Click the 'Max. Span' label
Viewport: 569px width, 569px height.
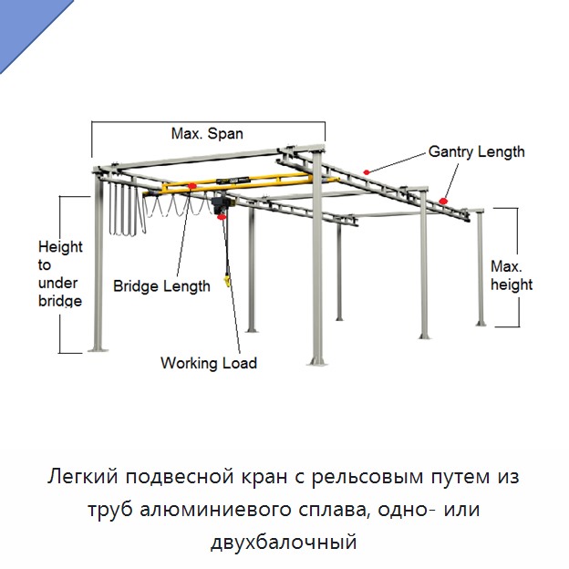(x=207, y=134)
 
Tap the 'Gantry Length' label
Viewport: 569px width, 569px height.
(x=477, y=151)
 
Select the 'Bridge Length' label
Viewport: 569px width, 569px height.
(x=161, y=286)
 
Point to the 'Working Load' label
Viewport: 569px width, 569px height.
(x=209, y=363)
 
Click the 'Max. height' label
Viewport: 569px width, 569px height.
(x=512, y=275)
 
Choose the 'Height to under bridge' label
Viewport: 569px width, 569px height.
(x=60, y=274)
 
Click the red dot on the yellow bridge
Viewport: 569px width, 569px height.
(x=192, y=186)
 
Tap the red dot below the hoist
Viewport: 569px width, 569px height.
(x=221, y=217)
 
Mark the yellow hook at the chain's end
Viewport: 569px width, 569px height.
(x=228, y=282)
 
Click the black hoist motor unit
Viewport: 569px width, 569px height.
(x=218, y=205)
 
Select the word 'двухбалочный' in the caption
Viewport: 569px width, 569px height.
(x=284, y=543)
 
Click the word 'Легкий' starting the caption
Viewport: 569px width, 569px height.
(x=83, y=476)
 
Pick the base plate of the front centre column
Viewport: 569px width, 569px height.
(x=317, y=361)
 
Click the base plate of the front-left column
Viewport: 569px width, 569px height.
(x=98, y=348)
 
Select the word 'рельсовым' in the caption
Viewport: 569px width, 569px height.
(x=367, y=478)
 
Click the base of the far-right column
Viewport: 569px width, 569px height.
(x=481, y=324)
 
